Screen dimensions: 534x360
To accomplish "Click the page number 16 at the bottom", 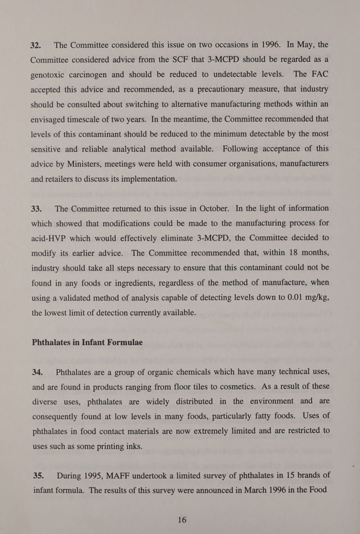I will coord(181,520).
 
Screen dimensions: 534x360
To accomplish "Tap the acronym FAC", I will coord(318,75).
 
